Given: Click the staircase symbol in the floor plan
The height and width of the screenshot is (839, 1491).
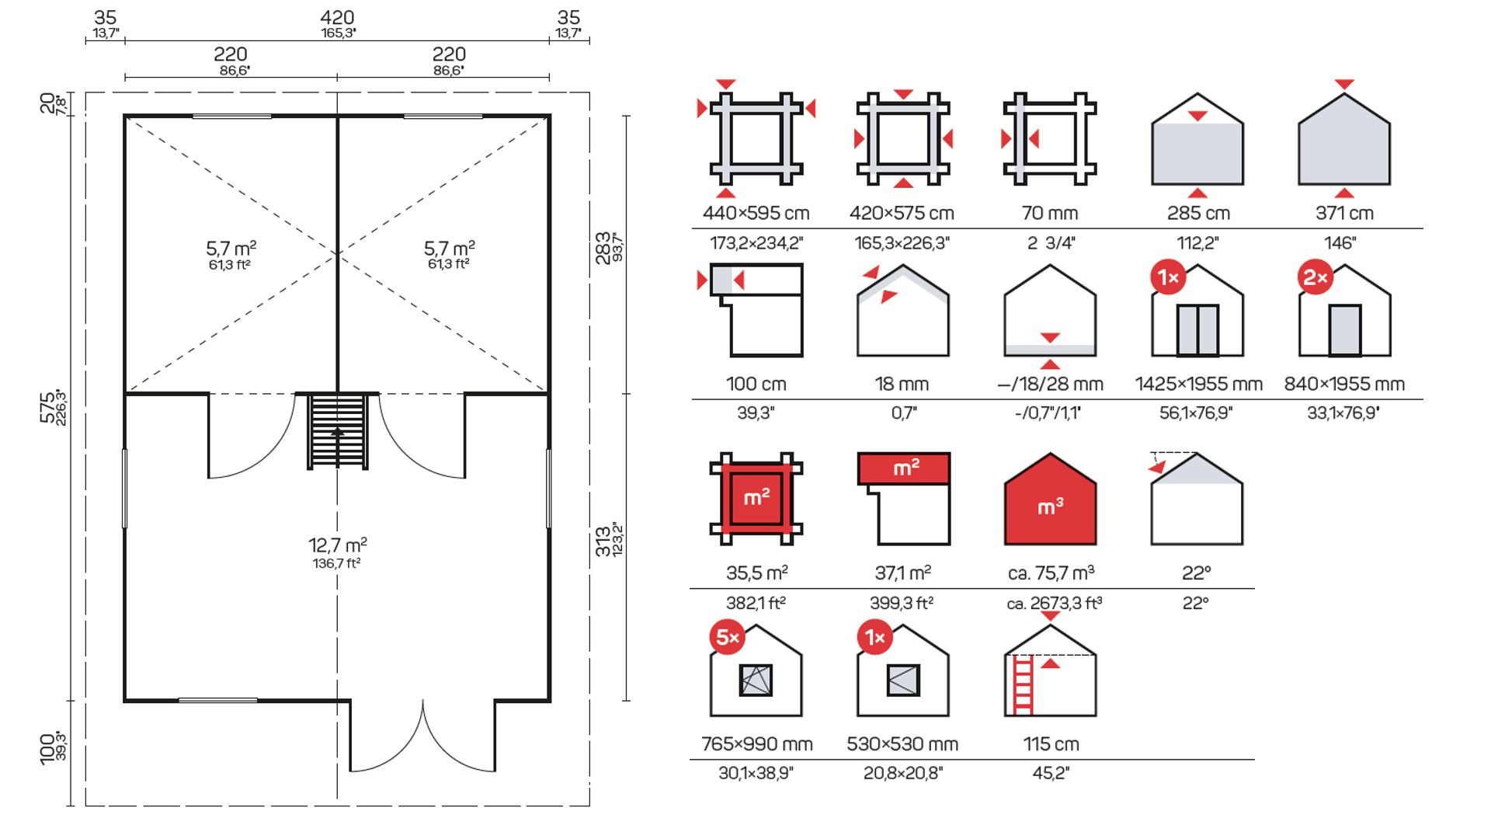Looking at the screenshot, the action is pos(338,431).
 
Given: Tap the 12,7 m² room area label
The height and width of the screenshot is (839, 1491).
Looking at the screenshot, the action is pos(337,545).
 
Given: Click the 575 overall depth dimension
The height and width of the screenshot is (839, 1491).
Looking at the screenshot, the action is pos(47,407).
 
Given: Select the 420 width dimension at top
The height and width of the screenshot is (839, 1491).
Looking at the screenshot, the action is pos(337,17).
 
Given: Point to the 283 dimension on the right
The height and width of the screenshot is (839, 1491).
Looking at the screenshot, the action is pos(603,248).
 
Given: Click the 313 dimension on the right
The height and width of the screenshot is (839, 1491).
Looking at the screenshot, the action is pos(603,541).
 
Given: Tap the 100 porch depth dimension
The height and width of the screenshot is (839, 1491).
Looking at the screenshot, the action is pos(47,749).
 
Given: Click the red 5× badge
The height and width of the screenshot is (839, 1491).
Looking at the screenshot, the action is pos(728,637).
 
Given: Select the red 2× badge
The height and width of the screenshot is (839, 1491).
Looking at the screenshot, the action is pos(1315,277).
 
